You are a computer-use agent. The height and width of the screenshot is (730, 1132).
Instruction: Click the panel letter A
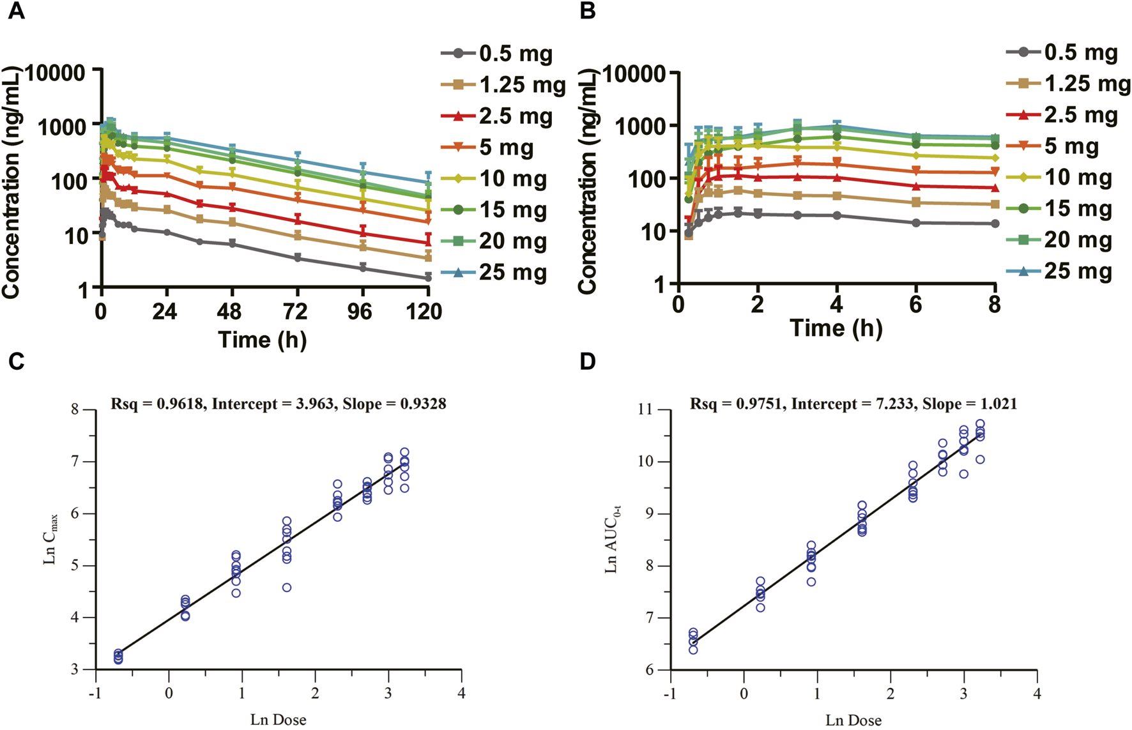click(17, 11)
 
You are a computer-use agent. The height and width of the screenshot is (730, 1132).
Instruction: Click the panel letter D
click(588, 361)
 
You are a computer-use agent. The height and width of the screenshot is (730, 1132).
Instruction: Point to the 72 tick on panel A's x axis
click(295, 312)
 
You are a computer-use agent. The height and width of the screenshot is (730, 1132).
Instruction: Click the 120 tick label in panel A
click(424, 312)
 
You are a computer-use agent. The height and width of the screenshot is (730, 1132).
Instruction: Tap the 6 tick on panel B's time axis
click(915, 305)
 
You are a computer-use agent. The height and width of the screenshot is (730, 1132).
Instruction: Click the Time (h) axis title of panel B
click(836, 328)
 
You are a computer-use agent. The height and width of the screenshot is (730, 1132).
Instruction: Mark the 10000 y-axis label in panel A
click(54, 73)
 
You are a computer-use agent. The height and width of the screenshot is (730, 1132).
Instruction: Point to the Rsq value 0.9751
click(760, 404)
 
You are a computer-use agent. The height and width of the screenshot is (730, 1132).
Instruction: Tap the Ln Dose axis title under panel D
click(853, 720)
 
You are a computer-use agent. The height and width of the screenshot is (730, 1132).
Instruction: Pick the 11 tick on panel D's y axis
click(646, 409)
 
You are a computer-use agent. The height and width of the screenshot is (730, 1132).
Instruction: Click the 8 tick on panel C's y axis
click(75, 409)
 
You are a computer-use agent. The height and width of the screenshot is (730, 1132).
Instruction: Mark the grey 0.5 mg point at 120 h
click(428, 278)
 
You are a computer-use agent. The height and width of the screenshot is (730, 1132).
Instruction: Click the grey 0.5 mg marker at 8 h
click(995, 224)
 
